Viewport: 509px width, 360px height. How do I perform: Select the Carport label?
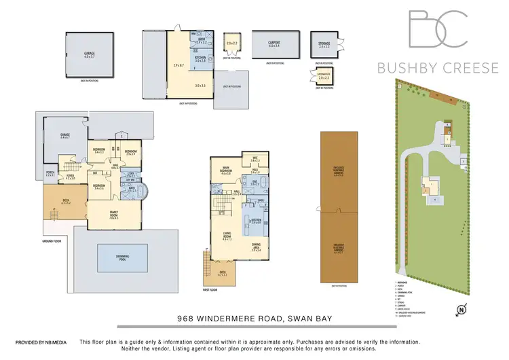[275, 42]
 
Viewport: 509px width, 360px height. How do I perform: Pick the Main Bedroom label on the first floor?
[227, 170]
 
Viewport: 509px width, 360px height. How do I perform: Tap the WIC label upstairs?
[255, 159]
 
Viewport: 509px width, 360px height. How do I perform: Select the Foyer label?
[70, 177]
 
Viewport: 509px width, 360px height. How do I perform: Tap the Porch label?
[50, 174]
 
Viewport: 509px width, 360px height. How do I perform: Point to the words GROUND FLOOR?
[51, 240]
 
